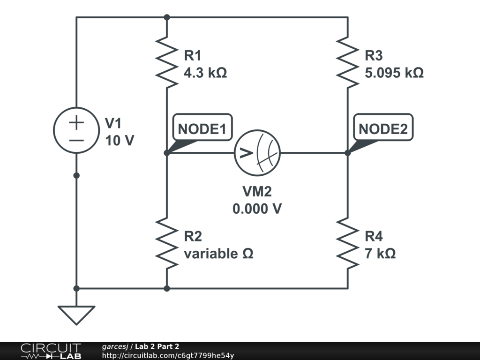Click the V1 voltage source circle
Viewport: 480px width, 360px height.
point(76,132)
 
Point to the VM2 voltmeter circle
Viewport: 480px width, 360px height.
point(257,153)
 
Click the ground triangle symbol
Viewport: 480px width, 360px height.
point(76,315)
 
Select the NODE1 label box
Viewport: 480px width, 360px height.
point(202,127)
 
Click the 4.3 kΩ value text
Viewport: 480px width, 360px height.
point(205,73)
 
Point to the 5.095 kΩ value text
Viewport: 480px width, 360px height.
point(394,73)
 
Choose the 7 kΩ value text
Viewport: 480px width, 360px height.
point(380,254)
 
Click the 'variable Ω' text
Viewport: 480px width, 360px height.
point(218,254)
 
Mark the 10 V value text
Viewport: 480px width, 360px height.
point(120,140)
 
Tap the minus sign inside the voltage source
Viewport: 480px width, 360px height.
point(76,140)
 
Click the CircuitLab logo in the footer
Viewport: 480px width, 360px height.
point(51,351)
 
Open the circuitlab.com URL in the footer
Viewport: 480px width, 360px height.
point(168,356)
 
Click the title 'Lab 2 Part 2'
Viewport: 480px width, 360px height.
point(157,346)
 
